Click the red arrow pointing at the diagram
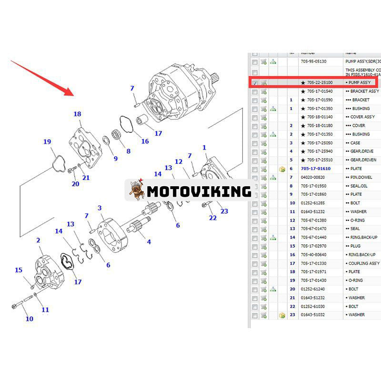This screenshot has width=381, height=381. click(x=40, y=76)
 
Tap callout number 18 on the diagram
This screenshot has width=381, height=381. click(x=77, y=114)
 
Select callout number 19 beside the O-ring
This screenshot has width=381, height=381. click(x=47, y=141)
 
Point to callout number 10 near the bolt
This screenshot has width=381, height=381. click(x=30, y=319)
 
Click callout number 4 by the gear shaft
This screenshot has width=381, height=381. click(x=149, y=242)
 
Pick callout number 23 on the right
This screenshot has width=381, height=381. click(x=224, y=211)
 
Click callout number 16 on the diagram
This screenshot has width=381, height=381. click(x=145, y=141)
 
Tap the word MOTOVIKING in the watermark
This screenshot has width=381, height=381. click(x=199, y=191)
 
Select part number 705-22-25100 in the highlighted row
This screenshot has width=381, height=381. click(x=320, y=82)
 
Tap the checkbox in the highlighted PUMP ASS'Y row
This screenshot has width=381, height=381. click(x=255, y=83)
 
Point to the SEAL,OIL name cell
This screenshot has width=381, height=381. click(x=357, y=186)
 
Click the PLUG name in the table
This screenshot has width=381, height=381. click(x=354, y=246)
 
